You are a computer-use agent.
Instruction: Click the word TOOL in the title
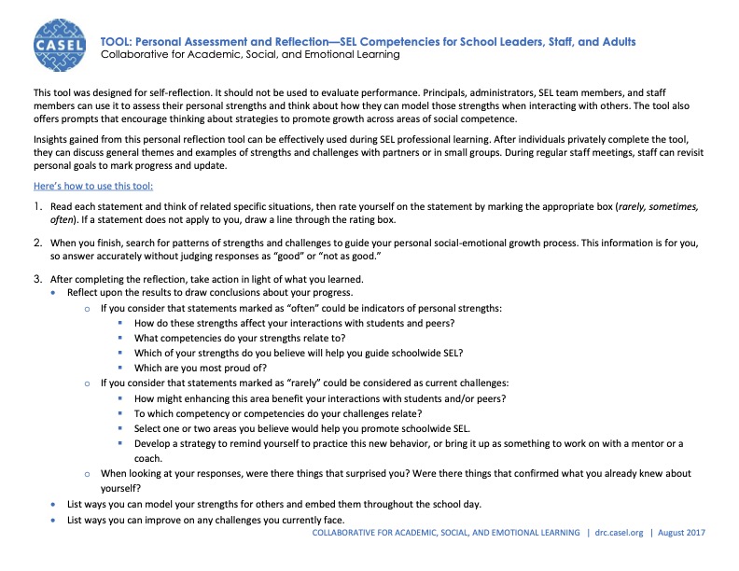point(117,42)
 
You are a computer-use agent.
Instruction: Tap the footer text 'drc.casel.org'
point(619,533)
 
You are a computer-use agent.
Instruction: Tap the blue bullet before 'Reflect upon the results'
point(52,292)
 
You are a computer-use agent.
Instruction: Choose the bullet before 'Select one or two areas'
point(122,429)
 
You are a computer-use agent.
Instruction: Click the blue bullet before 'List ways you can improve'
point(52,519)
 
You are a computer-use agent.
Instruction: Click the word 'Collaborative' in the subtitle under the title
point(137,55)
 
